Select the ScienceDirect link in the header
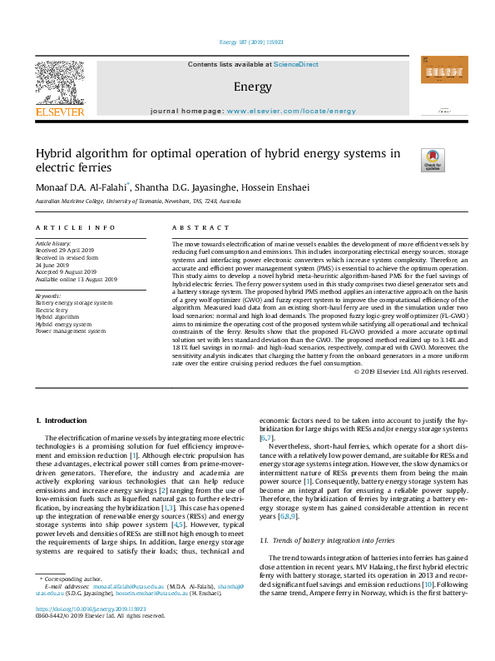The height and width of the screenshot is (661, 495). tap(296, 64)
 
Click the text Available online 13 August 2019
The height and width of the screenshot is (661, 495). tap(76, 280)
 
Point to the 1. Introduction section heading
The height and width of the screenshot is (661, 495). tap(62, 422)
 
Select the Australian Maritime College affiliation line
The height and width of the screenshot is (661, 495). tap(138, 201)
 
